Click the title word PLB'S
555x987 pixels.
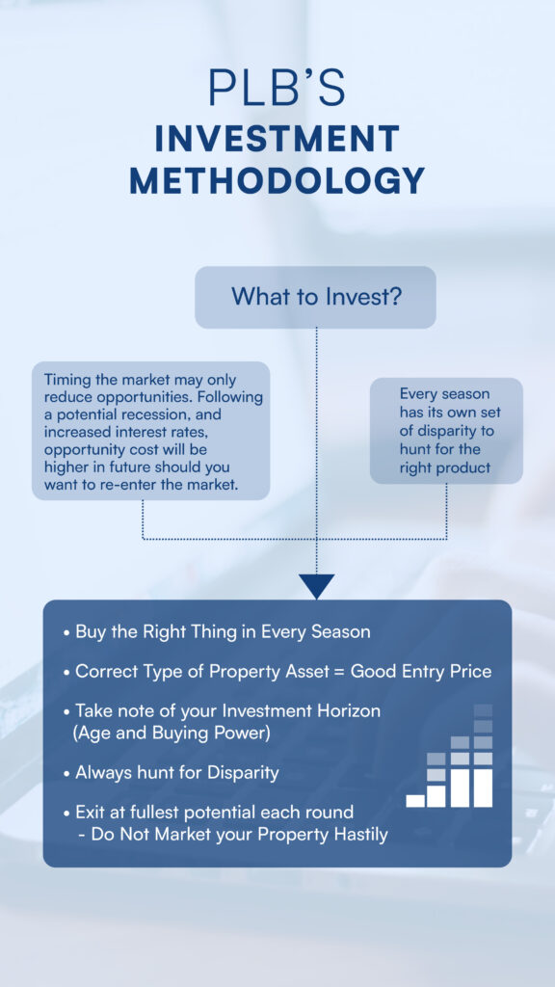coord(277,87)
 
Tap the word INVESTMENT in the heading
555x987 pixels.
coord(277,139)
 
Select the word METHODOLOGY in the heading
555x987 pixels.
coord(277,180)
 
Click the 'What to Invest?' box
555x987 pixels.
coord(315,297)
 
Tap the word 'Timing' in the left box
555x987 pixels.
coord(62,381)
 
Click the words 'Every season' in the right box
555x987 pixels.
coord(444,394)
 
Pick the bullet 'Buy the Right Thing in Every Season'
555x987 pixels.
coord(217,632)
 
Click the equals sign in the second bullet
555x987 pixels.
coord(338,672)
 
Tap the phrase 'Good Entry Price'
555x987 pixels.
coord(421,672)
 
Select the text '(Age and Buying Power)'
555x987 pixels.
coord(172,734)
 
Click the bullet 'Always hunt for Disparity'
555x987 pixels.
coord(171,773)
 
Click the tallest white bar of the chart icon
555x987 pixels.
coord(483,787)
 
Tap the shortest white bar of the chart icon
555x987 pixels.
coord(415,801)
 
